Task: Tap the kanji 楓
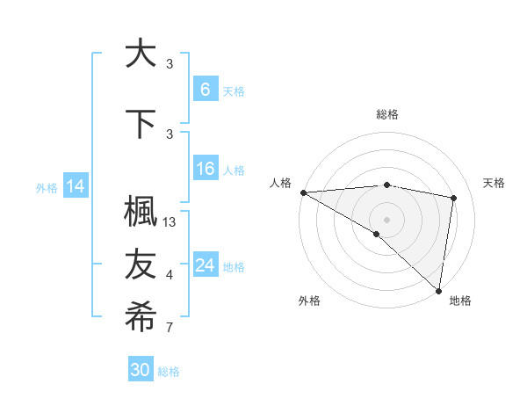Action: (141, 214)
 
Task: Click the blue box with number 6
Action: (205, 89)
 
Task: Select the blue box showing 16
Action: (205, 169)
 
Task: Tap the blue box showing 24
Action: (205, 264)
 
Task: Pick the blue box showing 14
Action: (76, 186)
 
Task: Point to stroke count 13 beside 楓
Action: (170, 222)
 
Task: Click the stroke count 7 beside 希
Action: (170, 329)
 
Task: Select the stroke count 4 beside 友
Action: (170, 275)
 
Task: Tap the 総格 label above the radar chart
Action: (387, 114)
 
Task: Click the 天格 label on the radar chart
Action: (494, 183)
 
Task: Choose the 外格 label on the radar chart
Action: (308, 301)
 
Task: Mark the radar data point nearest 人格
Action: (303, 192)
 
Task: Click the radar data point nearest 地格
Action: (438, 290)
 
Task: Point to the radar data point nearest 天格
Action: (454, 198)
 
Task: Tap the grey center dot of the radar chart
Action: (386, 219)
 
